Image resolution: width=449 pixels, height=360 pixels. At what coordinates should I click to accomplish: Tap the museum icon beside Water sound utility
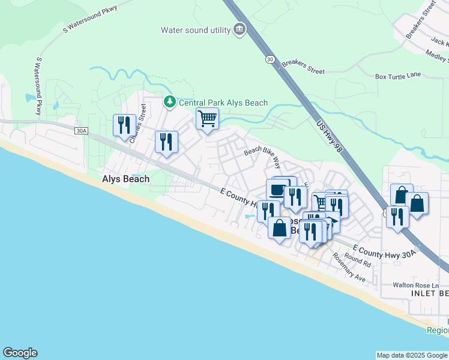click(240, 29)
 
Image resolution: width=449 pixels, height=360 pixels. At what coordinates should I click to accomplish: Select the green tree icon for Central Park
click(170, 102)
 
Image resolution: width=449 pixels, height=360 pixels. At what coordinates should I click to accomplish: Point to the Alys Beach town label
click(125, 179)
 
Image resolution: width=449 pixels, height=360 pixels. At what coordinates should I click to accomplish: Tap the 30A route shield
click(81, 130)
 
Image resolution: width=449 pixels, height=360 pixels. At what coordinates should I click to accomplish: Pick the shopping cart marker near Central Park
click(207, 119)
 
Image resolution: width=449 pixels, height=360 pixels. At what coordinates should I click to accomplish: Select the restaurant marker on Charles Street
click(124, 125)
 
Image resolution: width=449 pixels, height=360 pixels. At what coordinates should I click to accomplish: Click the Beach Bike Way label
click(262, 157)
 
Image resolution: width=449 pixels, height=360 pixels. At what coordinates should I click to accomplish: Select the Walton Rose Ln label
click(416, 285)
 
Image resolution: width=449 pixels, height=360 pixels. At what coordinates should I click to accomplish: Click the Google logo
click(20, 353)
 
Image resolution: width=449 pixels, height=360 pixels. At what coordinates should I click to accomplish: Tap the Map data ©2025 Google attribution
click(412, 355)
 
